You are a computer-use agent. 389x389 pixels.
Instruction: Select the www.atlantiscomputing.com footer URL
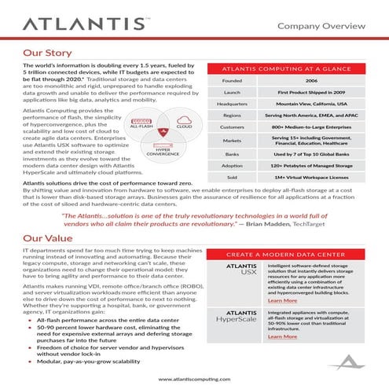(x=194, y=380)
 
